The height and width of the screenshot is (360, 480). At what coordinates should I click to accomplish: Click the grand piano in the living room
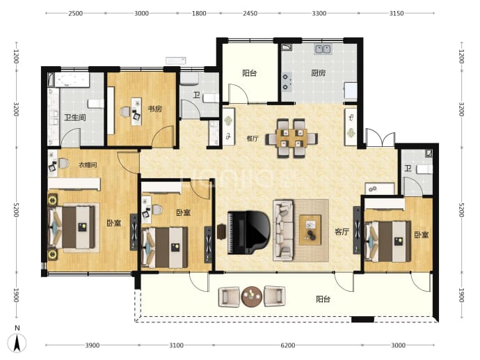click(x=248, y=233)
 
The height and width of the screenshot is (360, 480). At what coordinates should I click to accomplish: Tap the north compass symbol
click(x=17, y=341)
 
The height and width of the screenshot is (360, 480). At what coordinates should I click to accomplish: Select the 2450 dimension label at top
click(x=250, y=13)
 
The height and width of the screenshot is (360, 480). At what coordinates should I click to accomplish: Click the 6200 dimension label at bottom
click(x=288, y=345)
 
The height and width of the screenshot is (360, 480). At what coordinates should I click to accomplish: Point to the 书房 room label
click(x=155, y=109)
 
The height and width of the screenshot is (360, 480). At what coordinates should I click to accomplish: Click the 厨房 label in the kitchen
click(x=319, y=72)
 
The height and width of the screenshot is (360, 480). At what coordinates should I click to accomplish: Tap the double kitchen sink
click(x=323, y=49)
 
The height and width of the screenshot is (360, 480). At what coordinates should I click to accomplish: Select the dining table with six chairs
click(x=291, y=138)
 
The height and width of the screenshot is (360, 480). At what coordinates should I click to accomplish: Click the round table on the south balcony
click(x=252, y=297)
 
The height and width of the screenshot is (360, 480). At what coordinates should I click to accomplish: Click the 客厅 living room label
click(x=342, y=231)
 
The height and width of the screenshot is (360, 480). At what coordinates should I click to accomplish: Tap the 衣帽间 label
click(x=88, y=165)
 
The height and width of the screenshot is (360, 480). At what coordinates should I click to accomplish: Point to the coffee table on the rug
click(x=310, y=230)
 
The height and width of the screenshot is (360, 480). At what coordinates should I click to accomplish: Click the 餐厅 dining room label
click(x=253, y=139)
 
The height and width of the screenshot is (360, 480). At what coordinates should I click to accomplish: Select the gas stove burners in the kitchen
click(x=286, y=81)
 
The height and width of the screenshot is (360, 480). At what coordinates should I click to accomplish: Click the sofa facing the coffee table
click(x=283, y=230)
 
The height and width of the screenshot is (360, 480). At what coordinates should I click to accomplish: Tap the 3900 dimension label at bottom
click(x=92, y=345)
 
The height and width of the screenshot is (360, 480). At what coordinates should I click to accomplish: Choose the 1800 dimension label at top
click(x=199, y=13)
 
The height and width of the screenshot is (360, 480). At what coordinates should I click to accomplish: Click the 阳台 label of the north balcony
click(x=250, y=73)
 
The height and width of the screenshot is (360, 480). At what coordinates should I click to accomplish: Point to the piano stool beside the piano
click(x=221, y=232)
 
